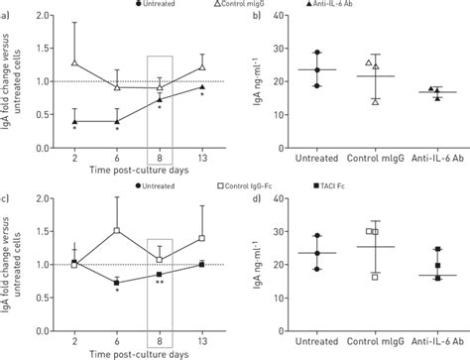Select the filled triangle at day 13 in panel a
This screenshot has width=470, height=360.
(x=202, y=87)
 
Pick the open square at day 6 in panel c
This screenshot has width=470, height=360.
(x=117, y=230)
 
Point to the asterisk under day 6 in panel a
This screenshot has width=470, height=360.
(x=117, y=129)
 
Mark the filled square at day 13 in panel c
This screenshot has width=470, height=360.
(x=202, y=264)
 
